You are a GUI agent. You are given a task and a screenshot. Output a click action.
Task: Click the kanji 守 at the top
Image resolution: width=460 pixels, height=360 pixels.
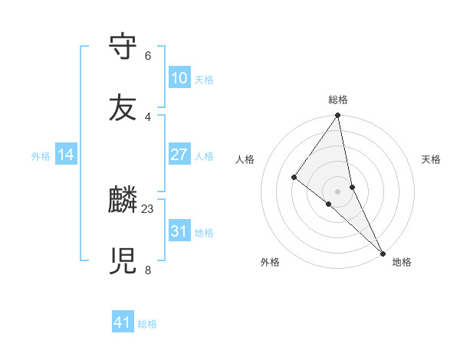point(123,46)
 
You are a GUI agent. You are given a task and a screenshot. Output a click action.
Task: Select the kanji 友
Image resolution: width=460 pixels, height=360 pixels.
point(123,108)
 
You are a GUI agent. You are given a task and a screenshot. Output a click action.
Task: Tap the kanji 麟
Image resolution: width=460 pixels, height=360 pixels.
point(123,201)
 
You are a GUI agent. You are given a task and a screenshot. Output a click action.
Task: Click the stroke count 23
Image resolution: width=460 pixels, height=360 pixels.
point(148,208)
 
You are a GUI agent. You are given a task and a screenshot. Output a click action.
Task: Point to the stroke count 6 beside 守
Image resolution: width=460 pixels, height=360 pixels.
point(148,56)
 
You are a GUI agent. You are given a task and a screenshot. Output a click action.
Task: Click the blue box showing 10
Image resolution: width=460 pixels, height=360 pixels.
point(179,78)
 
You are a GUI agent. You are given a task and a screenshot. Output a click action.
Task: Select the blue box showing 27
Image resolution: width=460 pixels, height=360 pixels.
point(179,155)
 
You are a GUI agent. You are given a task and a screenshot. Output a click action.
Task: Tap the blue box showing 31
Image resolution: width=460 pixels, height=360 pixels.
point(179,231)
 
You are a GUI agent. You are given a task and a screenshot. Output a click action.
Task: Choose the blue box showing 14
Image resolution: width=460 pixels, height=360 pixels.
point(67,155)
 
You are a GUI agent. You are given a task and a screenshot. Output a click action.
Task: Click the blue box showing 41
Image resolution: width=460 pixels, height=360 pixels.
point(123,322)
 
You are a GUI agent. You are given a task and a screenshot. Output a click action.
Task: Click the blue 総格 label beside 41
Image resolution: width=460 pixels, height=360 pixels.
point(147,324)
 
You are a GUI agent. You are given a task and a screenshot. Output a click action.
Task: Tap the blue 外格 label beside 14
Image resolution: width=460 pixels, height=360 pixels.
point(41,156)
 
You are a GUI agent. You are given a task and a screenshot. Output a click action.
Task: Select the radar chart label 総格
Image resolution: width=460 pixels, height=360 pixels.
point(338,100)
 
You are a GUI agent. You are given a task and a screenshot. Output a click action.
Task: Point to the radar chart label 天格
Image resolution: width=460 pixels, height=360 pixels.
point(432,159)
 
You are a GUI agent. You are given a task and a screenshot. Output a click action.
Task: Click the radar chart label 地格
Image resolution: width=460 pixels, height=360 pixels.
point(402,263)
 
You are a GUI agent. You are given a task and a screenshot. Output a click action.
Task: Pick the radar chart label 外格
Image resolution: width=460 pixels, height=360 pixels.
point(270,263)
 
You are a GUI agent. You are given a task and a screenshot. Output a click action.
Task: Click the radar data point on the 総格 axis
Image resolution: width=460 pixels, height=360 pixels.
point(338,116)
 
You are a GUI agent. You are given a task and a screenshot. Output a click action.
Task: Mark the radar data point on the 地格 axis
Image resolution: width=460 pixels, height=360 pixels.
point(383,252)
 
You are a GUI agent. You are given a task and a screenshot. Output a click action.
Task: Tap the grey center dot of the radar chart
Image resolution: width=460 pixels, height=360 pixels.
point(338,191)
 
